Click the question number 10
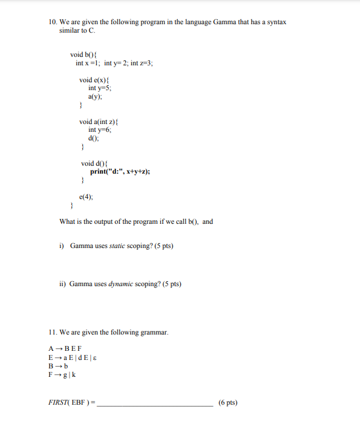[53, 22]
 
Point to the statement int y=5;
[100, 88]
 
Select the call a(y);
[95, 96]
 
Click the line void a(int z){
[100, 122]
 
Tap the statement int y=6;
[100, 129]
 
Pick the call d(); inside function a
[94, 138]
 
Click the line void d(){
[94, 163]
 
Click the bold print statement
[120, 171]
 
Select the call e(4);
[86, 197]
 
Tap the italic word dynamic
[120, 283]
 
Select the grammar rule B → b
[58, 365]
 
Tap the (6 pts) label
[228, 402]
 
